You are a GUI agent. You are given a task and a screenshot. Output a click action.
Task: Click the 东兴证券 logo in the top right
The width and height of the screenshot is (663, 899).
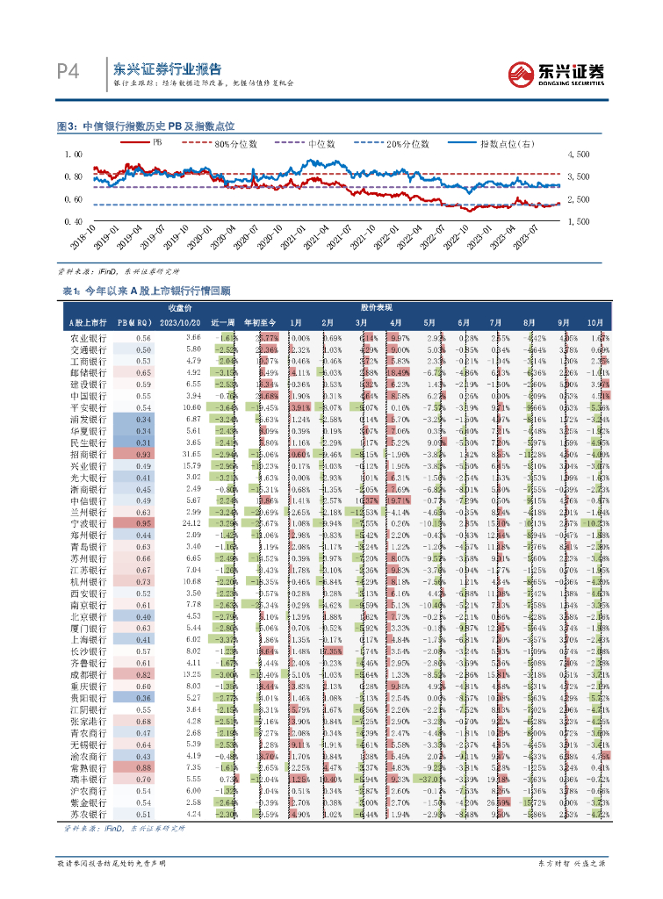coord(559,74)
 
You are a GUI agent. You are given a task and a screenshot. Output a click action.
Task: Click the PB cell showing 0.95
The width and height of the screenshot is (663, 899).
coord(143,523)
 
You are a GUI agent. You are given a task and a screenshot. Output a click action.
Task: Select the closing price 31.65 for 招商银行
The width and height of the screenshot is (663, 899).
coord(191,454)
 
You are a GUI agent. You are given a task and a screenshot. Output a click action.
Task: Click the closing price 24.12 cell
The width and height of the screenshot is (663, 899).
coord(191,523)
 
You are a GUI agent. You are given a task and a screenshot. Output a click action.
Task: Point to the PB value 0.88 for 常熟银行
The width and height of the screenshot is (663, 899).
coord(143,766)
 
